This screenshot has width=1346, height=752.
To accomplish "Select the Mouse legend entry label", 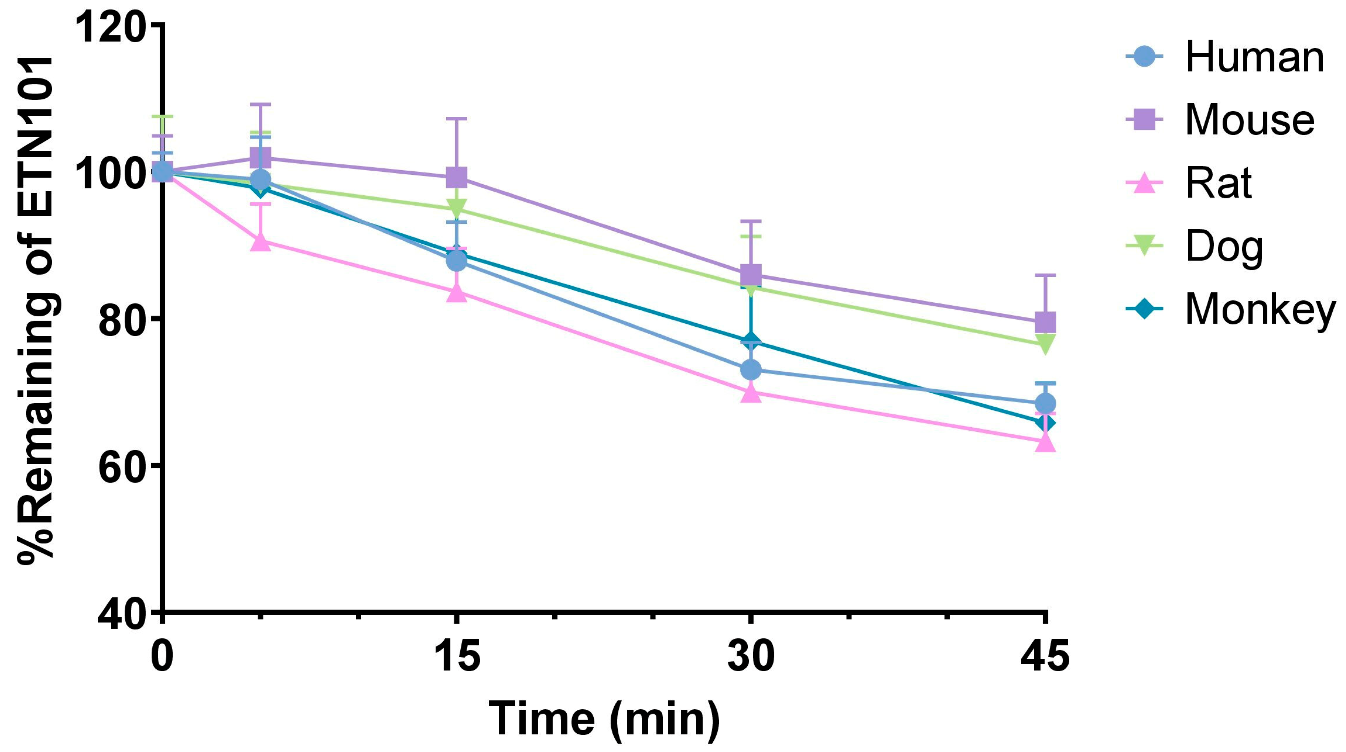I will click(x=1249, y=120).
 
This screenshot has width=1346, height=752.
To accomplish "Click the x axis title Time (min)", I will click(x=604, y=719).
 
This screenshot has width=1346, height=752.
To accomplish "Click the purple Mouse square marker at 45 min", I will click(x=1045, y=322).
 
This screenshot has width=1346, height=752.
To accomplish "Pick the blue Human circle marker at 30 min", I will click(x=751, y=370).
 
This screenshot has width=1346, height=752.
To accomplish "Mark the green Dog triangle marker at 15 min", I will click(x=457, y=208).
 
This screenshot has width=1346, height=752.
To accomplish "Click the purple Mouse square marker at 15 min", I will click(x=457, y=177).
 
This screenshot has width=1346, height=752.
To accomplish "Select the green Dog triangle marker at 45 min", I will click(x=1045, y=343).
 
